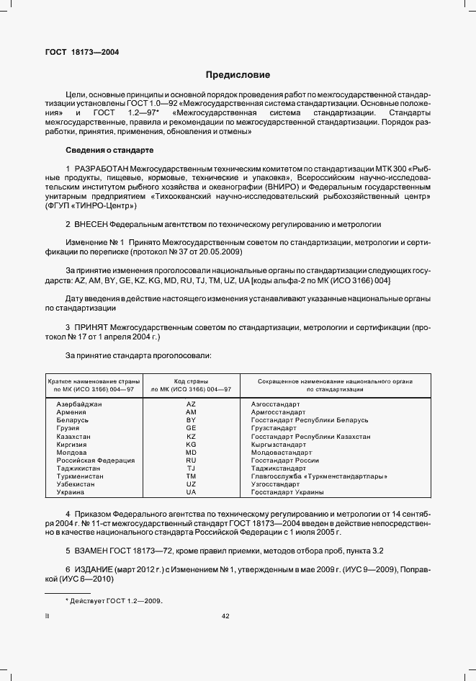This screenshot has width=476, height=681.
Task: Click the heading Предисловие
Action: pos(238,74)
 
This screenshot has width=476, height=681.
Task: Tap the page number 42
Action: pos(225,615)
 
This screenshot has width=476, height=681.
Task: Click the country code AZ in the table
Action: pos(191,404)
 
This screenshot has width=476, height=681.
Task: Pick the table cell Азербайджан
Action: pos(79,404)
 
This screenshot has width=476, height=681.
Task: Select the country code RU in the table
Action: pos(191,460)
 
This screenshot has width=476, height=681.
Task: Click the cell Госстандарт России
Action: pos(285,460)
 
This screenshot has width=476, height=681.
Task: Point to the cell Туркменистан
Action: pos(80,476)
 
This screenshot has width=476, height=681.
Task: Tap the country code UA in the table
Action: pos(191,492)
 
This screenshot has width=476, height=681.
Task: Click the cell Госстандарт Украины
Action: pos(287,492)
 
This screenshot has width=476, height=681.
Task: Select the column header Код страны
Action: pos(191,380)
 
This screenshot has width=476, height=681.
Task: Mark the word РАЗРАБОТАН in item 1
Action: pos(94,167)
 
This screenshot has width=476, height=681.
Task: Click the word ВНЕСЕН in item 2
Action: pos(89,224)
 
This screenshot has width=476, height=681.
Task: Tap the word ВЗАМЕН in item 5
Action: pos(91,551)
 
